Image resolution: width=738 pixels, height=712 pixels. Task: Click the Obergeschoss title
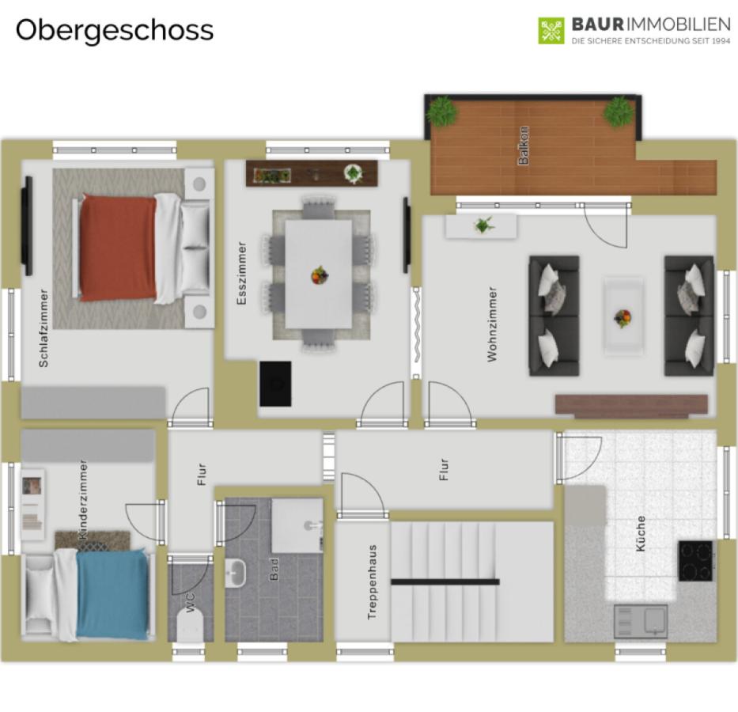115,31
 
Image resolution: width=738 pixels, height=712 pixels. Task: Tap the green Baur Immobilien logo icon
551,31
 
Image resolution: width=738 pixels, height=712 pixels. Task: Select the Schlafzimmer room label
44,328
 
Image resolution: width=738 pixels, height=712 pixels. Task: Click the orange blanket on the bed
118,248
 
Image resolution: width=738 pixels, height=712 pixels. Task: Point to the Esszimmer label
242,274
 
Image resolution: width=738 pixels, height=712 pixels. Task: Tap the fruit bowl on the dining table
320,275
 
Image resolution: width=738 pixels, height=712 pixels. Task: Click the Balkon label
523,146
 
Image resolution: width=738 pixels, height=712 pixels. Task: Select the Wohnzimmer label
492,324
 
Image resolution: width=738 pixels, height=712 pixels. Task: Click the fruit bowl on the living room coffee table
623,318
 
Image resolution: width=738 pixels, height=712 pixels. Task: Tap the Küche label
640,534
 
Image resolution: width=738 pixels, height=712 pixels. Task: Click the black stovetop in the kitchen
695,561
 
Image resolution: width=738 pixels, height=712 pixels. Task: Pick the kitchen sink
641,621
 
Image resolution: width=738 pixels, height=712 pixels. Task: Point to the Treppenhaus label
372,581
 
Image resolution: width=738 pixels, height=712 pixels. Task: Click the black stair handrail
445,582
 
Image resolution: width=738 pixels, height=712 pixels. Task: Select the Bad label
274,570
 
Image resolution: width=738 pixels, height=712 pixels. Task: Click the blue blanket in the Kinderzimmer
112,594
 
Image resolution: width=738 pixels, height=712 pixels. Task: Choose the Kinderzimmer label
83,500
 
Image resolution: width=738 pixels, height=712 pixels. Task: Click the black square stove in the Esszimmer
275,384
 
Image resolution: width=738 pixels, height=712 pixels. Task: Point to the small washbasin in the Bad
235,573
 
